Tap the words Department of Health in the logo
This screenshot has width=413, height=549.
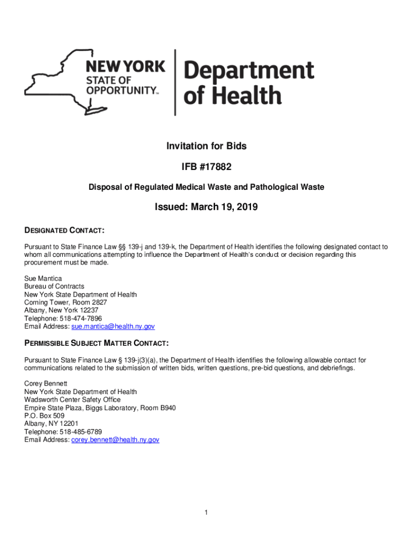(249, 83)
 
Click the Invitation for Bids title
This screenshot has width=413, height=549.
(206, 146)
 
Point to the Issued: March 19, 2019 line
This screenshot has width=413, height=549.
(206, 207)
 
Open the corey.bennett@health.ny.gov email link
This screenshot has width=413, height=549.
(115, 440)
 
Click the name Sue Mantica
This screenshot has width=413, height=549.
(43, 279)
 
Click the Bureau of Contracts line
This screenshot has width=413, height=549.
(54, 287)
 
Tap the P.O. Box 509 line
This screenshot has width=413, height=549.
(45, 416)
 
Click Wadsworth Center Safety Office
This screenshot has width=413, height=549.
(72, 400)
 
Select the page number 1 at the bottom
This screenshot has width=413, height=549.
(206, 513)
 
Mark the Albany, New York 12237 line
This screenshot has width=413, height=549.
(61, 310)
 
